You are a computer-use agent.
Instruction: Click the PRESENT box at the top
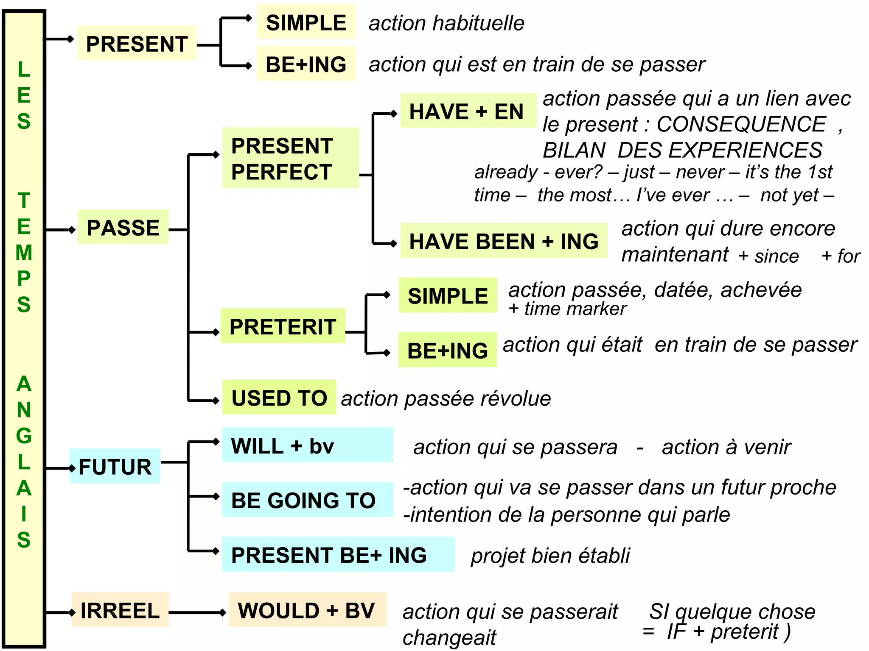[x=137, y=43]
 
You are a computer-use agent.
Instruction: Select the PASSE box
[x=123, y=227]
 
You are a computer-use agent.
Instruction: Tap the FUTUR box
[x=115, y=466]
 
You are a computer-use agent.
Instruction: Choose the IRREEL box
[x=120, y=610]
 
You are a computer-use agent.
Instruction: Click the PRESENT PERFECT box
[x=290, y=158]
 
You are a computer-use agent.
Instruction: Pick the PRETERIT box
[x=283, y=326]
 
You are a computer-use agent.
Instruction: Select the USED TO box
[x=279, y=398]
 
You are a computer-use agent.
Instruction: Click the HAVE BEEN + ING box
[x=504, y=241]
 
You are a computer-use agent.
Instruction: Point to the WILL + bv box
[x=307, y=445]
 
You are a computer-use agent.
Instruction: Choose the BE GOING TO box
[x=307, y=500]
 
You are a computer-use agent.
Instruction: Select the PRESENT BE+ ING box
[x=338, y=554]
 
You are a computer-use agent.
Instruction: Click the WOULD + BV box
[x=307, y=610]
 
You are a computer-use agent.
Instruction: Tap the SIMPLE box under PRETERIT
[x=448, y=295]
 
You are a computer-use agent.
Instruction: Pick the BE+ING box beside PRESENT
[x=306, y=64]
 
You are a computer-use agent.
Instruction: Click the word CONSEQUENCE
[x=741, y=124]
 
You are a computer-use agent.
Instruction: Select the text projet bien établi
[x=550, y=555]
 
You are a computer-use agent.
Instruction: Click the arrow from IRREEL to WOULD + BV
[x=198, y=612]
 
